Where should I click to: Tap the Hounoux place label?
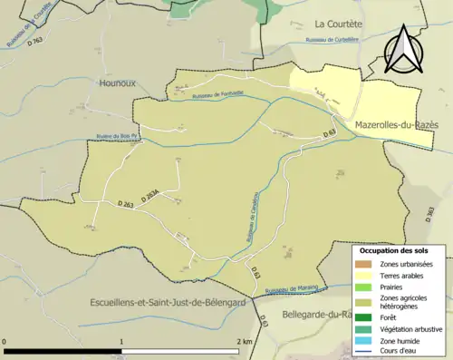[113, 83]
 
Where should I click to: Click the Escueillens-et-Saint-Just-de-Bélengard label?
[169, 302]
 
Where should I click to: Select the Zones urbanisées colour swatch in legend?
[366, 263]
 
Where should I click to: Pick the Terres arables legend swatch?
[366, 275]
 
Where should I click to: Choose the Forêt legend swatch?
[366, 316]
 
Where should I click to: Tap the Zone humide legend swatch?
[366, 340]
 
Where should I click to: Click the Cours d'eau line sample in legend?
[366, 352]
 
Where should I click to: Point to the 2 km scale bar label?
[245, 342]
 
